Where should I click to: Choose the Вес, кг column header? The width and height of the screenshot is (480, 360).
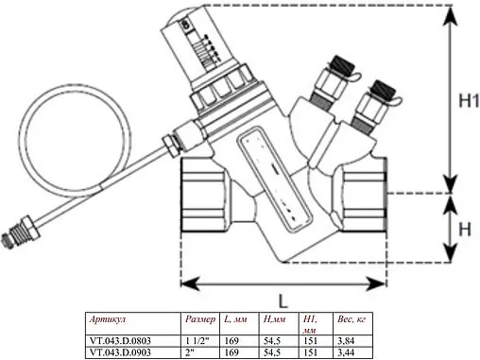pyautogui.click(x=351, y=320)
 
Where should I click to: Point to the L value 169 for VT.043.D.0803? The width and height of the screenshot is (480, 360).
pyautogui.click(x=231, y=342)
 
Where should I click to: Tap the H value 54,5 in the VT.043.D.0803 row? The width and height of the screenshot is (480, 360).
pyautogui.click(x=270, y=342)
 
